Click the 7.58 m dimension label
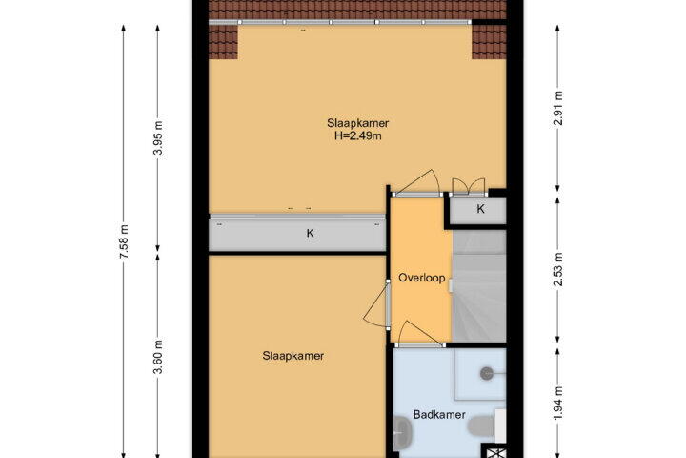tap(124, 240)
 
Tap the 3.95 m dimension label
tap(159, 137)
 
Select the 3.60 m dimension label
tap(159, 357)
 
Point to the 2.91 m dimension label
tap(557, 108)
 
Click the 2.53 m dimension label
tap(557, 269)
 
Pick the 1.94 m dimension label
tap(557, 404)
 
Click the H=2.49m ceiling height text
tap(358, 135)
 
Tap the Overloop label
tap(422, 278)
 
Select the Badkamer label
tap(439, 415)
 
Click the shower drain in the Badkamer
tap(487, 373)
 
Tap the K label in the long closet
tap(311, 234)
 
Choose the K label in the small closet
tap(480, 209)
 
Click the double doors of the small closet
tap(468, 187)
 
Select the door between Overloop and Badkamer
tap(420, 334)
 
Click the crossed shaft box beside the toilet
tap(494, 452)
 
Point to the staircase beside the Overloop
tap(479, 285)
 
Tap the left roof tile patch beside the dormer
tap(223, 42)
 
